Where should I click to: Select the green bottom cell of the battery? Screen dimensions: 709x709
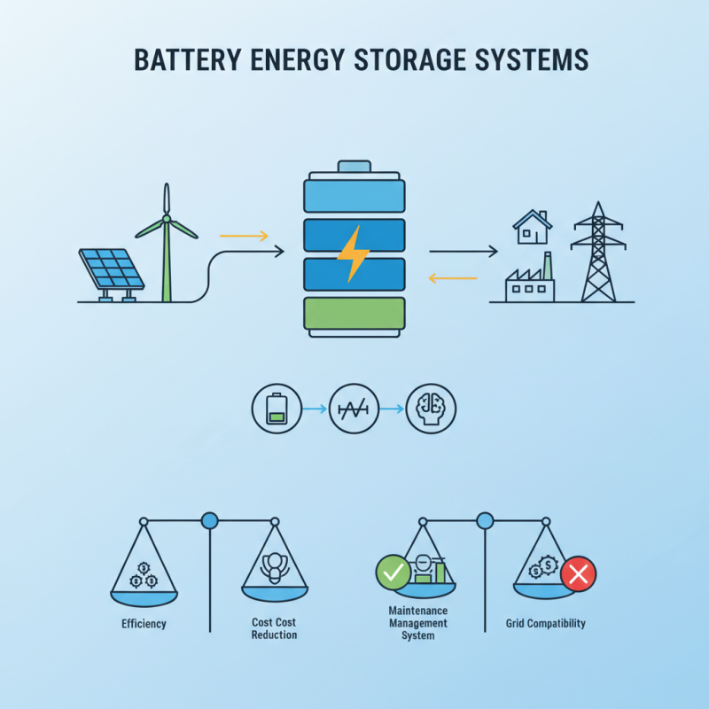pos(354,314)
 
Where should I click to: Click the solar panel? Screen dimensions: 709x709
pos(112,269)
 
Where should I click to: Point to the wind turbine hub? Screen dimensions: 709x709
pos(166,220)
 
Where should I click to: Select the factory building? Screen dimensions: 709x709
pos(529,282)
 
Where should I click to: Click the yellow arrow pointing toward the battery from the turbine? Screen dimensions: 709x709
pos(243,236)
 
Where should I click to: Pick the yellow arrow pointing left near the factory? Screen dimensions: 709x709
pos(453,278)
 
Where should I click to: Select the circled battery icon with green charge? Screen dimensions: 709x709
pos(277,409)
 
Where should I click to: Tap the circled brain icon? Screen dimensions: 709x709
pos(431,409)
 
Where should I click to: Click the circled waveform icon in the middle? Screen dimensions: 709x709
pos(354,409)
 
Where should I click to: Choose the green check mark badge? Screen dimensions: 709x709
pos(393,573)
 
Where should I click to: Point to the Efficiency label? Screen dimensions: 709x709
pos(144,624)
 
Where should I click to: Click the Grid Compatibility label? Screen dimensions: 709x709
pos(545,624)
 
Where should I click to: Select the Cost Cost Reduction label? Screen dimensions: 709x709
pos(274,629)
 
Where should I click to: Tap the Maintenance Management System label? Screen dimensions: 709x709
pos(418,623)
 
